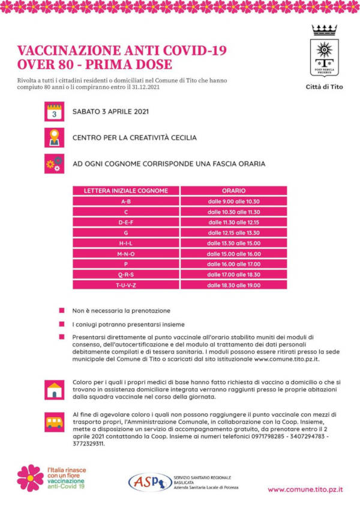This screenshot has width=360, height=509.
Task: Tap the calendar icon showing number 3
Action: click(x=54, y=112)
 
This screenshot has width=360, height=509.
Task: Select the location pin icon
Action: click(x=54, y=137)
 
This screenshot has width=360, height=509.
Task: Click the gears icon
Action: click(x=54, y=163)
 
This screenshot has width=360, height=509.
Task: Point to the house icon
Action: click(x=54, y=389)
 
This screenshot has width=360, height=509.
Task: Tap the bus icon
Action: click(x=54, y=421)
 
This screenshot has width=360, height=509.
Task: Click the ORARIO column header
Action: click(x=233, y=191)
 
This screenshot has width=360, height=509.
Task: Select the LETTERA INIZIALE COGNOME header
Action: click(x=126, y=191)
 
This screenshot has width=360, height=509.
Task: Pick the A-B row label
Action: click(x=126, y=202)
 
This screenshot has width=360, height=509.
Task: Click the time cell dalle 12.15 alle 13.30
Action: click(x=233, y=232)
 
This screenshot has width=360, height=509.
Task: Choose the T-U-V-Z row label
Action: click(x=126, y=285)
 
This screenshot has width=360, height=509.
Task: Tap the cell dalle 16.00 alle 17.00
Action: click(x=233, y=264)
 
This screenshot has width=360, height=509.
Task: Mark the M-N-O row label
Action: click(x=126, y=253)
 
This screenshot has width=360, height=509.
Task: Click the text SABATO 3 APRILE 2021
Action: click(x=110, y=112)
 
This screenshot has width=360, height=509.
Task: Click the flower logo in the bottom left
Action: click(x=30, y=478)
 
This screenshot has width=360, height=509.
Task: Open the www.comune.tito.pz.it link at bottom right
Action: click(x=305, y=489)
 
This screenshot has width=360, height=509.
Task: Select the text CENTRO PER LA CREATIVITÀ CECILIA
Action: click(x=134, y=137)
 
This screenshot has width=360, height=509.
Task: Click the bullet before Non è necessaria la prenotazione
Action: click(x=61, y=310)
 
